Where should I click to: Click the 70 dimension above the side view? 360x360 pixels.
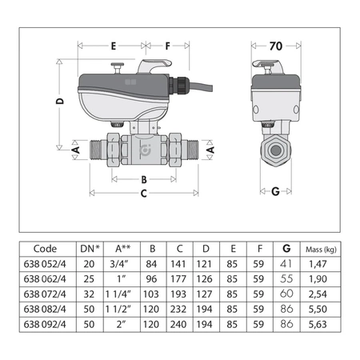274,46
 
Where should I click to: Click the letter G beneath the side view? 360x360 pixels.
275,192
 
